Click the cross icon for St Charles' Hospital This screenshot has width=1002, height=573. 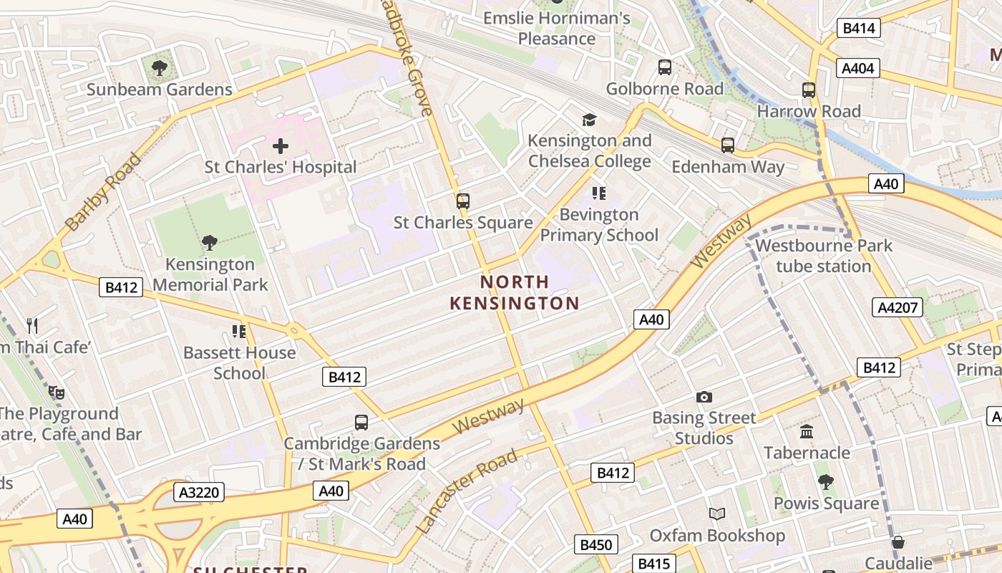[x=281, y=147]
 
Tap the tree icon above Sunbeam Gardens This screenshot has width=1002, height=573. [x=160, y=69]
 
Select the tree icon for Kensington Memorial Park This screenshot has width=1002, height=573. [x=210, y=243]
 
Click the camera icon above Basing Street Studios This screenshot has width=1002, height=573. [x=704, y=397]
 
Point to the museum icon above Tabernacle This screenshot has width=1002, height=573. [x=807, y=432]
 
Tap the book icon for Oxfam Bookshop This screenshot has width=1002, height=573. [x=717, y=514]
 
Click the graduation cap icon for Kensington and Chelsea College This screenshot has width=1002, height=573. [x=589, y=120]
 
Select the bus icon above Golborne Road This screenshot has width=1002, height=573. [x=665, y=67]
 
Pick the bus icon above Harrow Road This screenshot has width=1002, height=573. [x=809, y=90]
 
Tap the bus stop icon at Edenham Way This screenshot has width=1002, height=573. [x=728, y=145]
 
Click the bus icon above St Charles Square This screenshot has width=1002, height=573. [x=463, y=201]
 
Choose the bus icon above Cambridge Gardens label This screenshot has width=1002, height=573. [x=361, y=423]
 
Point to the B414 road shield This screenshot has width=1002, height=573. [x=858, y=29]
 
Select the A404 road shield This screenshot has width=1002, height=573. [x=858, y=69]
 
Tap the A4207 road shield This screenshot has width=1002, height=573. [x=898, y=308]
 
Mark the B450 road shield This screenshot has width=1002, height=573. [x=595, y=545]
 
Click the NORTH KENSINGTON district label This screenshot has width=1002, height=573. [x=514, y=292]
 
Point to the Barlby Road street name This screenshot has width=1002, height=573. [x=103, y=192]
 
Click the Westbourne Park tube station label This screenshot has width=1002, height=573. [x=824, y=256]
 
